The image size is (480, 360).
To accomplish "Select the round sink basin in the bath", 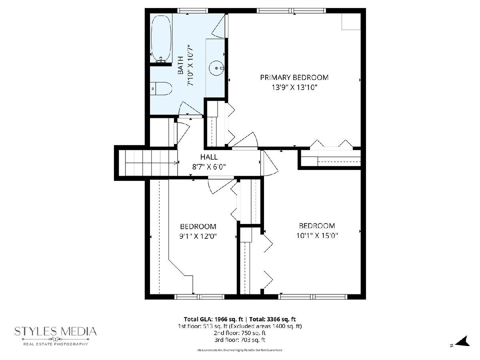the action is point(216,68).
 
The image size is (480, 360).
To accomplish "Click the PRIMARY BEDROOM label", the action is point(294,78).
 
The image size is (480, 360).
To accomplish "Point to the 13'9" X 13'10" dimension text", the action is point(294,88).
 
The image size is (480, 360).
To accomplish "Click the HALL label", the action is point(209,157).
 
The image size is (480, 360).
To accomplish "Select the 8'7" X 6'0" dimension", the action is point(209,167).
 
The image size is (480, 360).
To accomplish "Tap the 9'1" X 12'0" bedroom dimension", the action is point(198,236).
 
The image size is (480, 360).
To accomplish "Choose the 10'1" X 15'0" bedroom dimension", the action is point(317,236).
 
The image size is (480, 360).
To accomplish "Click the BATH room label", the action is point(181,65).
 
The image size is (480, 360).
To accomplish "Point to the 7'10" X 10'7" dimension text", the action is point(190,65).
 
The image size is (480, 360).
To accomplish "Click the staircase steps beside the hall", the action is point(151,163).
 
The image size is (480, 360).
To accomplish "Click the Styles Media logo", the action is point(56,336).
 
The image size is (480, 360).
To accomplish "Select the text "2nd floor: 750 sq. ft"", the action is point(240,333).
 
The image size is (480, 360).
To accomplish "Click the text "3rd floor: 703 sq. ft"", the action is point(240,340).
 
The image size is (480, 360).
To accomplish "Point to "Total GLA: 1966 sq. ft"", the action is point(214,319).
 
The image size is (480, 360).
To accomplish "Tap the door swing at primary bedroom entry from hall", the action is point(245,140).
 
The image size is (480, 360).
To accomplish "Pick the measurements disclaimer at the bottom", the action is point(240,350).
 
